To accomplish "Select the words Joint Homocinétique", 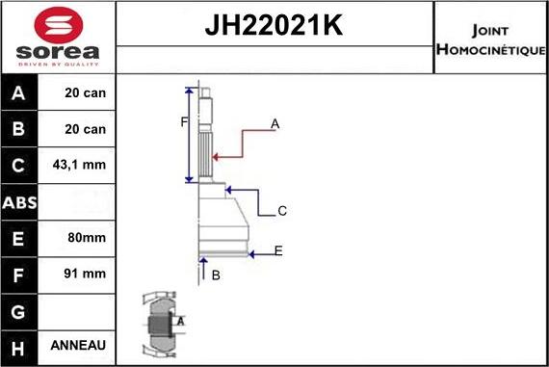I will (490, 39).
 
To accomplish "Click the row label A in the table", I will (20, 93).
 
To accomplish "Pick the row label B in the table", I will (20, 129).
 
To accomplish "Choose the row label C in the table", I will (20, 166).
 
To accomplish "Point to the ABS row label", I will (20, 202).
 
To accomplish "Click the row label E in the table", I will (20, 238).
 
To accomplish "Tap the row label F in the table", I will (20, 275).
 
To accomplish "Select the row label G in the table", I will (20, 310).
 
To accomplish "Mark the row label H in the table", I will (20, 346).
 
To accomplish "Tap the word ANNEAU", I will (79, 346).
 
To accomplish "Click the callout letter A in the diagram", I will (275, 123).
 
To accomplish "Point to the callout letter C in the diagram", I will (282, 211).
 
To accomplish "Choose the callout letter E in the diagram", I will (278, 251).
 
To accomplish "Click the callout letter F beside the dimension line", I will (183, 121).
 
